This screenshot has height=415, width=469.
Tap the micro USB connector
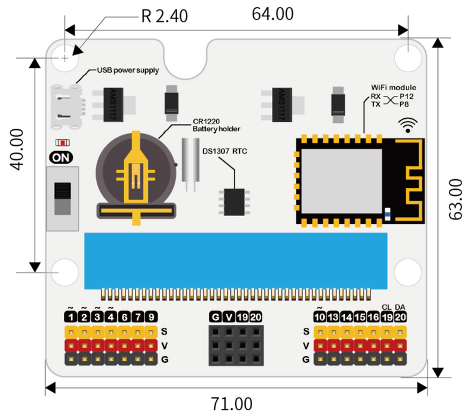point(66,104)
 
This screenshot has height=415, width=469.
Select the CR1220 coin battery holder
point(137,174)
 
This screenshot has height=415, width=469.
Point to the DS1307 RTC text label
point(225,152)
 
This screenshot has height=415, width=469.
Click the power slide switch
point(62,199)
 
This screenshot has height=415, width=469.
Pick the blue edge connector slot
point(235,260)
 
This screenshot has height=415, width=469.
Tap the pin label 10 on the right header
point(320,317)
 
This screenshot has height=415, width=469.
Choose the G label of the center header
point(215,317)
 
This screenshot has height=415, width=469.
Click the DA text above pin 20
point(400,307)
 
